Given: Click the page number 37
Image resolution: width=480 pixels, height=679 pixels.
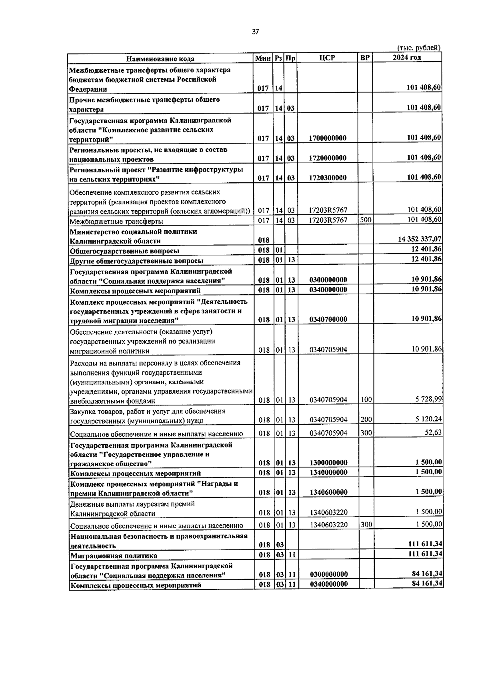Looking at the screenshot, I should point(256,32).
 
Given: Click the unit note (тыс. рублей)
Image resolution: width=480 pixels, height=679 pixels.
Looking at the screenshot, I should point(418,48).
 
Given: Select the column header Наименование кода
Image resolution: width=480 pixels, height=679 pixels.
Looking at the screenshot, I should point(160,59).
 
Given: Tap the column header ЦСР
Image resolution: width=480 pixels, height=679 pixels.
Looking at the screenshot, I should point(327,58).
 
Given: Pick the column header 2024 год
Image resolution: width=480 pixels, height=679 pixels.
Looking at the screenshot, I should point(407,58).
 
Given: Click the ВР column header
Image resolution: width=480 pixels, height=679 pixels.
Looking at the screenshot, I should point(365,58).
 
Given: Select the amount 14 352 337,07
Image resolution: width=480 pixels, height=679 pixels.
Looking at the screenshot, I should point(420,239).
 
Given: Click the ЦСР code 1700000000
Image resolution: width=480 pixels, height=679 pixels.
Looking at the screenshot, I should point(328,138).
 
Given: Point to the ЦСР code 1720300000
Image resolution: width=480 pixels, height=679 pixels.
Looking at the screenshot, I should point(328,178).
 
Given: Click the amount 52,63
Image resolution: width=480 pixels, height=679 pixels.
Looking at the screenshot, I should point(433,432).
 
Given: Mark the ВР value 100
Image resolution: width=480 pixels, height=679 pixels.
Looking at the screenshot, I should point(365,399).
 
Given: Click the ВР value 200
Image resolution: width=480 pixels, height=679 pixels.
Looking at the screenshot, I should point(365,419).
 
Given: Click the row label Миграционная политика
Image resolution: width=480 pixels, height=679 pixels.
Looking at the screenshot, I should point(114,555).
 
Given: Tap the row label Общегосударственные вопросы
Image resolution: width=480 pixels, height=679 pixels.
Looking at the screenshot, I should point(124,251).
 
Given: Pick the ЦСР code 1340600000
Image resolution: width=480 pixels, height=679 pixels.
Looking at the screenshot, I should point(328,492).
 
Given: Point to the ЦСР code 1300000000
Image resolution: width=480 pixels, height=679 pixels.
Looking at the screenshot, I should point(328,463).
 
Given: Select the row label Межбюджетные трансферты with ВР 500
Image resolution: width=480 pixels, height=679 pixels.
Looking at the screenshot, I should point(116,221).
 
